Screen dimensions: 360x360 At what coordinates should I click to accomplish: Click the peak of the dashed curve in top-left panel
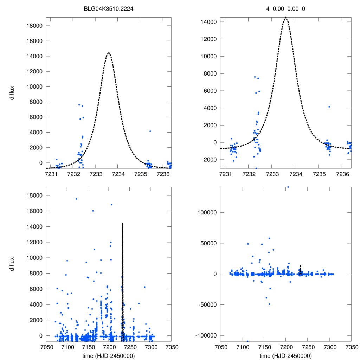pos(109,53)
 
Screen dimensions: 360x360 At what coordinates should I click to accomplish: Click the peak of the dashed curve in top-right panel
pos(285,17)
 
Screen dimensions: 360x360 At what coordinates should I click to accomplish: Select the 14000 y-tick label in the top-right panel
pos(210,22)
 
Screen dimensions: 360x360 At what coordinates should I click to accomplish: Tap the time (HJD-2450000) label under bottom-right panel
pos(285,356)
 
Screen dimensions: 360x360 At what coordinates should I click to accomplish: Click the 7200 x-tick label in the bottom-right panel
pos(285,347)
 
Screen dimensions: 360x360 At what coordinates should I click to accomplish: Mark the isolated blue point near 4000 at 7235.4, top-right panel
pos(329,107)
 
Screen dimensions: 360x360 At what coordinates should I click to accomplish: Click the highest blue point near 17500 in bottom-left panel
pos(76,199)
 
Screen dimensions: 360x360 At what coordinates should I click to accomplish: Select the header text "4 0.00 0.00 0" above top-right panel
pos(285,8)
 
